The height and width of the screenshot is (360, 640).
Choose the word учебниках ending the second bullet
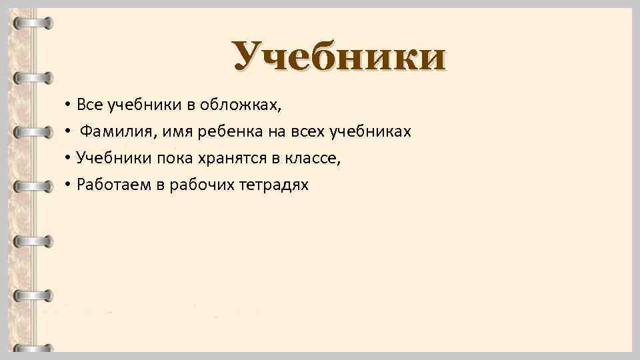371,131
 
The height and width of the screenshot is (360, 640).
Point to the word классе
317,158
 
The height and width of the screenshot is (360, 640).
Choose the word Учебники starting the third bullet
105,158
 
